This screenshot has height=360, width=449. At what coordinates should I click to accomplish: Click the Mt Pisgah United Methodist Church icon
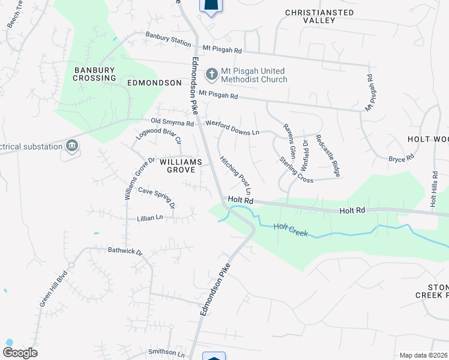[211, 74]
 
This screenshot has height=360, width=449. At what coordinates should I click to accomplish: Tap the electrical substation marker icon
[72, 146]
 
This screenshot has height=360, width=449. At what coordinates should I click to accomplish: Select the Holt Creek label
[291, 229]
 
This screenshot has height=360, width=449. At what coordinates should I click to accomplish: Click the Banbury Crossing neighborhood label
[94, 74]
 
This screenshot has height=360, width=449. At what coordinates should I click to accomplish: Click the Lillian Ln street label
[149, 218]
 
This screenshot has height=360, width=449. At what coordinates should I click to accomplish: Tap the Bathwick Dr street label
[125, 251]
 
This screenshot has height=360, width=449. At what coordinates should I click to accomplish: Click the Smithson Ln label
[167, 352]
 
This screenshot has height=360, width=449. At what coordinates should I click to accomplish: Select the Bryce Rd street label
[402, 158]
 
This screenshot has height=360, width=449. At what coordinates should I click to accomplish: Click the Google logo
[20, 353]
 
